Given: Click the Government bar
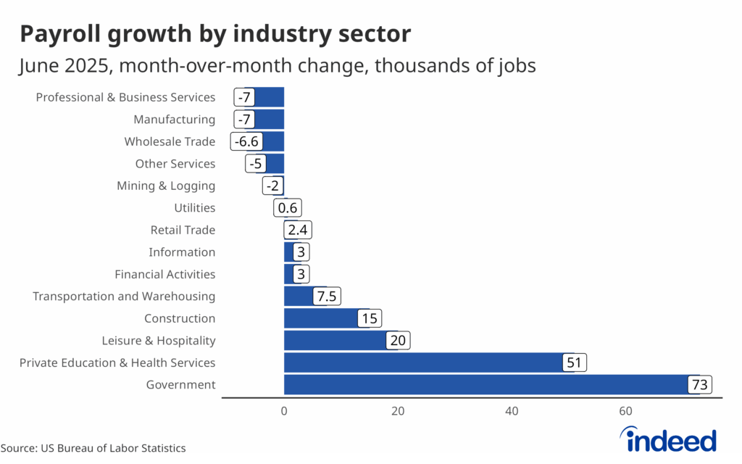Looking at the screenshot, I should point(485,385).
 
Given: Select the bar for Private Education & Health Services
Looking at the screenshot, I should point(424,362).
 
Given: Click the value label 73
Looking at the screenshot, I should point(700,385).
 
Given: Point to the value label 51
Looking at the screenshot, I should point(575,362).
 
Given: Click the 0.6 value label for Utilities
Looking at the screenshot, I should point(286,208).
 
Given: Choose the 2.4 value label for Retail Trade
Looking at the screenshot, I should point(297,230).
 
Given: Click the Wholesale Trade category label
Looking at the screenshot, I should point(170,141).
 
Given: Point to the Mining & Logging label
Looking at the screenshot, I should point(166,186).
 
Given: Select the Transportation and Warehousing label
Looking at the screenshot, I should point(124,296).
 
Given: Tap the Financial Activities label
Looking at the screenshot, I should point(165,274).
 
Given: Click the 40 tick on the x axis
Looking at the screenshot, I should point(512,411).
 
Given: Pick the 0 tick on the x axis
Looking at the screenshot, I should point(284,411).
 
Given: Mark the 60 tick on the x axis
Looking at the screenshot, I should point(626,411).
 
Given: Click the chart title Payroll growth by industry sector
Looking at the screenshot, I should point(215,33).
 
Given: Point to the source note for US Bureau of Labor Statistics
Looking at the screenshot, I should point(93,448).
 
